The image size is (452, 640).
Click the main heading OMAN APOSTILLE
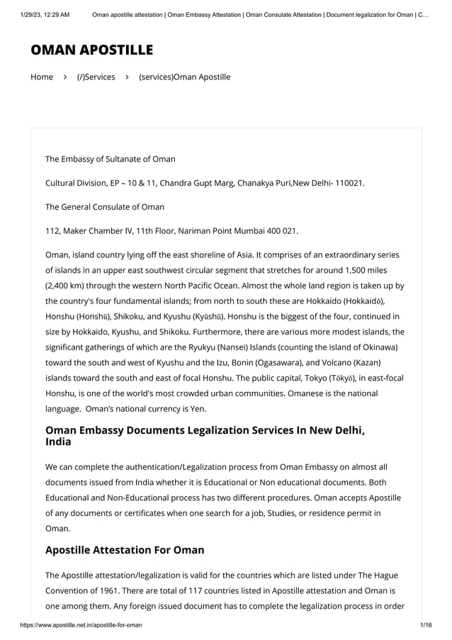click(91, 50)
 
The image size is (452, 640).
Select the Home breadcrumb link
click(42, 77)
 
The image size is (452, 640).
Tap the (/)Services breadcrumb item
click(96, 77)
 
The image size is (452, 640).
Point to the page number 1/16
click(426, 624)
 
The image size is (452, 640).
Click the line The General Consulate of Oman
click(105, 207)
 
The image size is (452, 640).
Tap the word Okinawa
click(376, 347)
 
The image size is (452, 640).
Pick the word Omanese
click(290, 393)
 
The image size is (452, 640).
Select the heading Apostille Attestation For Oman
click(125, 549)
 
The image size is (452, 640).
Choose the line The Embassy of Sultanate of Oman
click(111, 159)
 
